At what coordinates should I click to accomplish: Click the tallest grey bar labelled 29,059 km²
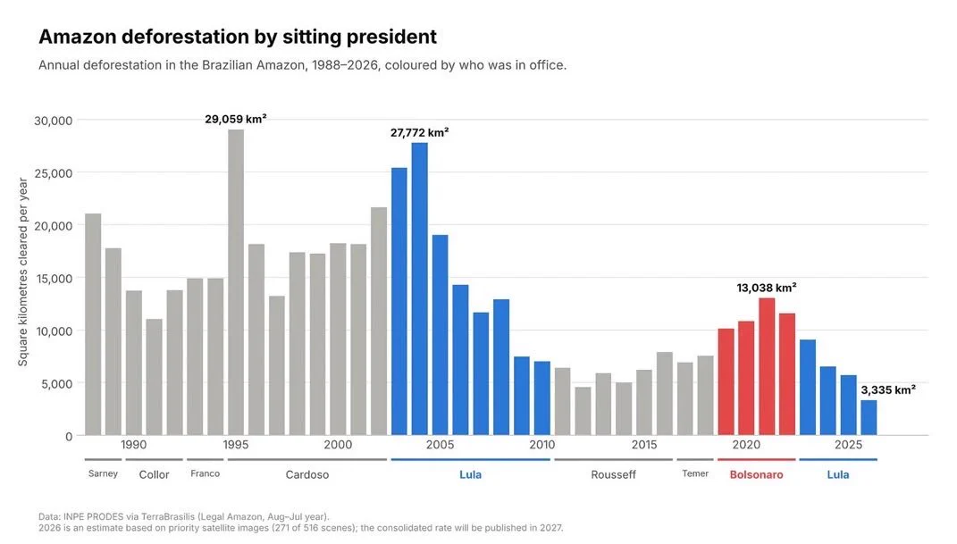236,282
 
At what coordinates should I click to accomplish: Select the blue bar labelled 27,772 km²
419,289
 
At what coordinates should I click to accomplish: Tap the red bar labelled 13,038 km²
767,366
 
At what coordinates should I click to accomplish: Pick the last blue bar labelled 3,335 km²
869,418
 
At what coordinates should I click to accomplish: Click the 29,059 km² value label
236,119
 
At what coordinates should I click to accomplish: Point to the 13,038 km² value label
767,288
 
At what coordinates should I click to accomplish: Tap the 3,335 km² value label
888,389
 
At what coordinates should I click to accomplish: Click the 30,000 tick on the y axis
53,121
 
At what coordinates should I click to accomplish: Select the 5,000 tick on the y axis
57,383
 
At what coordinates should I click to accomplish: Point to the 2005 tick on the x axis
440,445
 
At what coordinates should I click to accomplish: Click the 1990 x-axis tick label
134,445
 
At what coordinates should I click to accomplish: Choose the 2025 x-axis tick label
848,445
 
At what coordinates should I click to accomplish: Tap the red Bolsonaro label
756,474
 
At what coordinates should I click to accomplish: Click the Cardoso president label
307,474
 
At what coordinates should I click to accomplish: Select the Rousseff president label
613,474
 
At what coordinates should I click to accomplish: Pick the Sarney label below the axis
103,473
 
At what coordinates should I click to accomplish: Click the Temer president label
695,473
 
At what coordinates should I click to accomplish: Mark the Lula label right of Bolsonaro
838,474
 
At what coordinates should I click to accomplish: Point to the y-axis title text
23,272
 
